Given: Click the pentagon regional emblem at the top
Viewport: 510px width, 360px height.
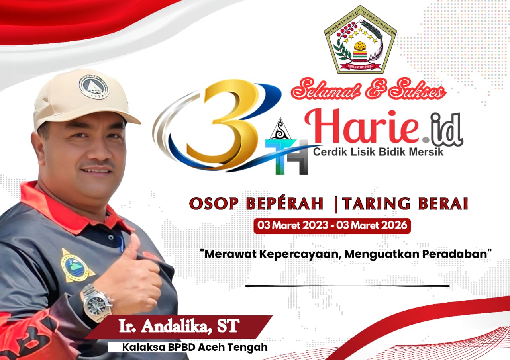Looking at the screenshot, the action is pyautogui.click(x=360, y=39).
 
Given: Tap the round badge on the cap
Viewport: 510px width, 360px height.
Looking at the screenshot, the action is pyautogui.click(x=94, y=87).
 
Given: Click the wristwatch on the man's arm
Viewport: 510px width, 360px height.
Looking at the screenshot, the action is pyautogui.click(x=97, y=303).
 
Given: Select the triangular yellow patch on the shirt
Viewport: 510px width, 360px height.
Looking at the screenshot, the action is pyautogui.click(x=76, y=267).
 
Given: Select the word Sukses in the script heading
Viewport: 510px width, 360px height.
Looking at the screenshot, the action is pyautogui.click(x=417, y=90).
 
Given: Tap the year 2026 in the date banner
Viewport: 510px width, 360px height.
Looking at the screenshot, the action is pyautogui.click(x=394, y=225).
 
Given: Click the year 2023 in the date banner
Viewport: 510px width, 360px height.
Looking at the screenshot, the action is pyautogui.click(x=316, y=225).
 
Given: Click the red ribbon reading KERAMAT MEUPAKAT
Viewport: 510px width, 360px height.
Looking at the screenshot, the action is pyautogui.click(x=361, y=66).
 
